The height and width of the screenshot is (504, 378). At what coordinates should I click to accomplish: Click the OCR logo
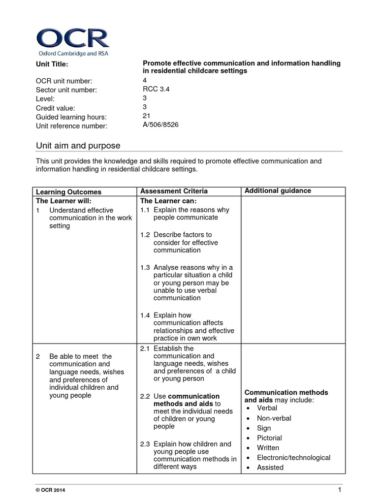[x=73, y=42]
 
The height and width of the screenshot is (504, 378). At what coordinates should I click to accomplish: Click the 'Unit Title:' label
[x=52, y=64]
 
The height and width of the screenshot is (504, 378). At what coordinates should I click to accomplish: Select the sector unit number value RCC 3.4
[x=156, y=89]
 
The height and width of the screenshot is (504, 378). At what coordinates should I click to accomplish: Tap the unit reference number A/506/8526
[x=160, y=125]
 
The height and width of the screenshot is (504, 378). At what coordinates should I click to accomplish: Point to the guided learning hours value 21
[x=146, y=116]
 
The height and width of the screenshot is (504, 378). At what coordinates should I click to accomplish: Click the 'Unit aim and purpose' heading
[x=78, y=146]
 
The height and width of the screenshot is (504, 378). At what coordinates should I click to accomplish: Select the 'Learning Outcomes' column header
[x=69, y=192]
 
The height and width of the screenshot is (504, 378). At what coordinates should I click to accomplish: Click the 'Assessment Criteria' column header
[x=174, y=191]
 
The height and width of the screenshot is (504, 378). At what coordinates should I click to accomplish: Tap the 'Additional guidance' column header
[x=278, y=191]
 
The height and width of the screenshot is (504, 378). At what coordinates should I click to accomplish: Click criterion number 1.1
[x=145, y=210]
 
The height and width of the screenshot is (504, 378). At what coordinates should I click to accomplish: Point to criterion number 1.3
[x=145, y=267]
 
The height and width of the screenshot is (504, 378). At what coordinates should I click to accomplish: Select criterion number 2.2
[x=145, y=396]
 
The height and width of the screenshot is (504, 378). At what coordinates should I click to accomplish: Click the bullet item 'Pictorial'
[x=269, y=438]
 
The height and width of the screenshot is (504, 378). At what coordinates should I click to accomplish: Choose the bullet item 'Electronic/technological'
[x=293, y=458]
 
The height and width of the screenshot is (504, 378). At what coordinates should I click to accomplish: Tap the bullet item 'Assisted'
[x=270, y=468]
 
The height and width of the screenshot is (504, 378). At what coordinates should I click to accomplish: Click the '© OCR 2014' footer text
[x=49, y=491]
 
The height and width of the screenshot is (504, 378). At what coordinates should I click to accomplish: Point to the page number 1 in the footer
[x=340, y=490]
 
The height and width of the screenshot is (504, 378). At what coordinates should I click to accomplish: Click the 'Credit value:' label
[x=56, y=108]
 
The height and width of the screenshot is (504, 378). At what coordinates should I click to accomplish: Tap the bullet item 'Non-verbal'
[x=274, y=418]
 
